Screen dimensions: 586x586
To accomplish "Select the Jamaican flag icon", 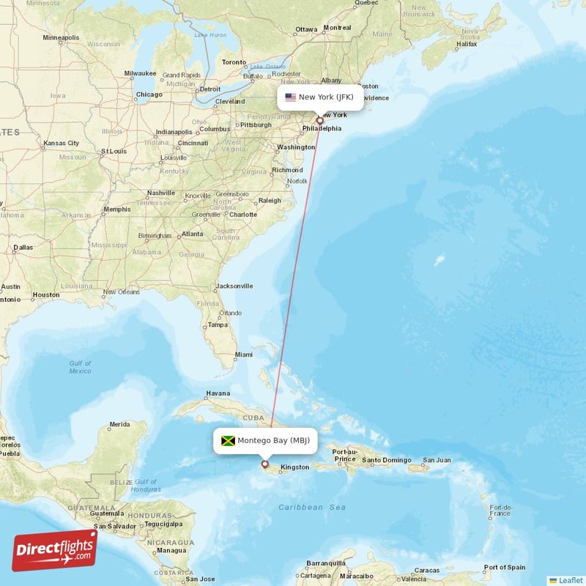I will [228, 440].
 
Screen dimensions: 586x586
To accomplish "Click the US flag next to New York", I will [290, 97].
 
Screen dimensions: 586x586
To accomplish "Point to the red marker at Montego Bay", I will [265, 464].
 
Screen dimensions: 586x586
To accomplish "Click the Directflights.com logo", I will [55, 550].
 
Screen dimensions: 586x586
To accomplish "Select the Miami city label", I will [243, 355].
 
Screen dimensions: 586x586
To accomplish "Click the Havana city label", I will [218, 393].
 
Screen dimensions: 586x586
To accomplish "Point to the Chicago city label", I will [149, 94].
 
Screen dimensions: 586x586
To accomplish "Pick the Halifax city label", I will [466, 45].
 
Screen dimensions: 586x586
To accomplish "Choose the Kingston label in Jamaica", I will [294, 467].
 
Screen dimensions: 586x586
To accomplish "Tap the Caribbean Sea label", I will [311, 507].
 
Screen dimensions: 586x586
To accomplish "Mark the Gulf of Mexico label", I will [81, 367].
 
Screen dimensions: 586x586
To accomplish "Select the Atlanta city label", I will [193, 234].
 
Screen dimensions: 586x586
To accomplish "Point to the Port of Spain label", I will [505, 567].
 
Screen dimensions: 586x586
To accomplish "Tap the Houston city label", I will [45, 295].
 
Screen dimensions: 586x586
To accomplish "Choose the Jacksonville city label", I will [235, 286].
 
